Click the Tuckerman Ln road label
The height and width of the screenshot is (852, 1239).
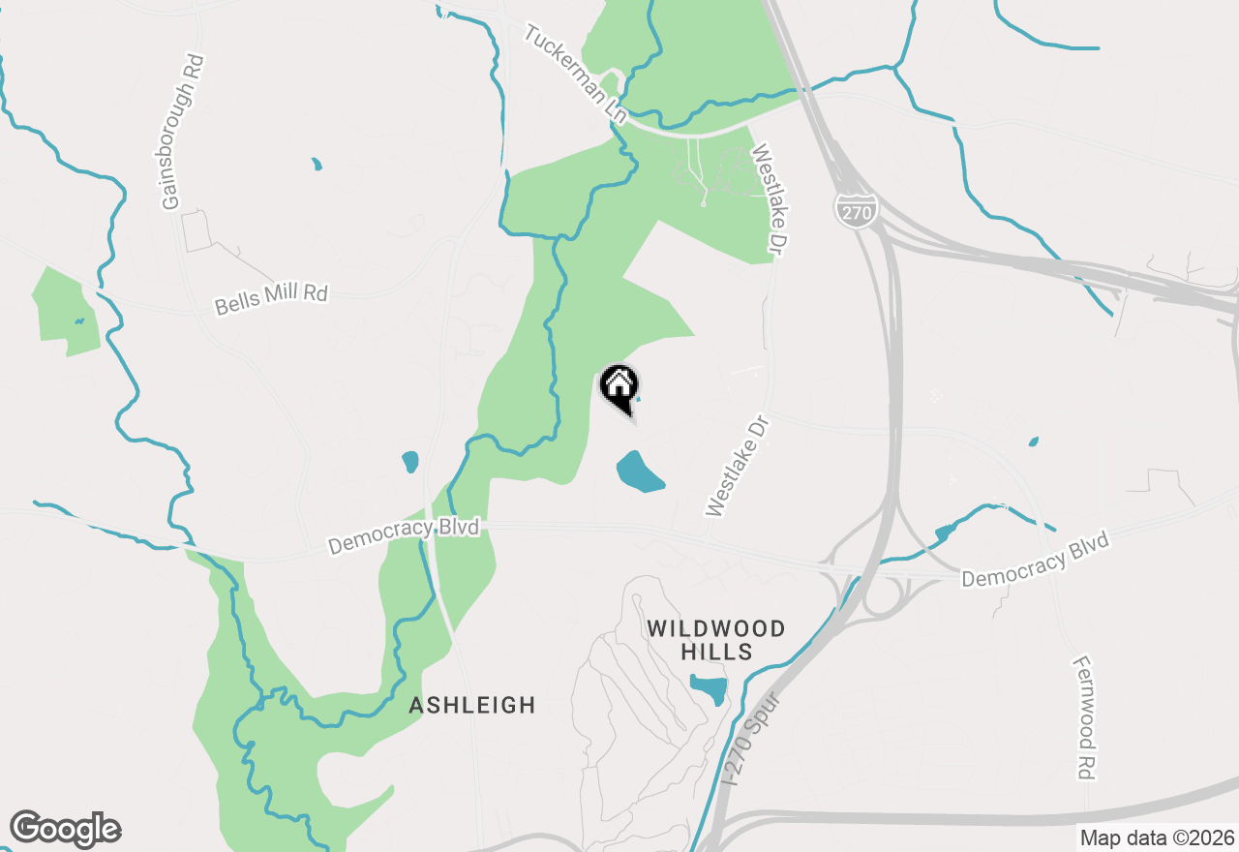click(575, 74)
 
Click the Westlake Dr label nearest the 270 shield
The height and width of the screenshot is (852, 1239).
click(766, 200)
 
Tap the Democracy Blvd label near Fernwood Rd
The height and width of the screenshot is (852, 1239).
click(1035, 560)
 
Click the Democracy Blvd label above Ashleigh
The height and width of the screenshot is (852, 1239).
click(404, 536)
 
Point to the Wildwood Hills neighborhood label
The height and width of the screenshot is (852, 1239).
click(715, 640)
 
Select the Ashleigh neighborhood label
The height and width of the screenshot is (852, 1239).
click(471, 705)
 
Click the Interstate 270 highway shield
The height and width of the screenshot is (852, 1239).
click(852, 209)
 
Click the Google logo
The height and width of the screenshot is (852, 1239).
click(65, 829)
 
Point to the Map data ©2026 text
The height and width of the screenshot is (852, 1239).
click(1156, 837)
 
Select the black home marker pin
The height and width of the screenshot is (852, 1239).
click(619, 389)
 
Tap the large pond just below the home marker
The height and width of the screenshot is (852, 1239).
click(640, 471)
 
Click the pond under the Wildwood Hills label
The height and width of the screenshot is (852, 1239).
click(710, 688)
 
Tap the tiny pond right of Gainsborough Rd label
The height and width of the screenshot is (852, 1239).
click(317, 165)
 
